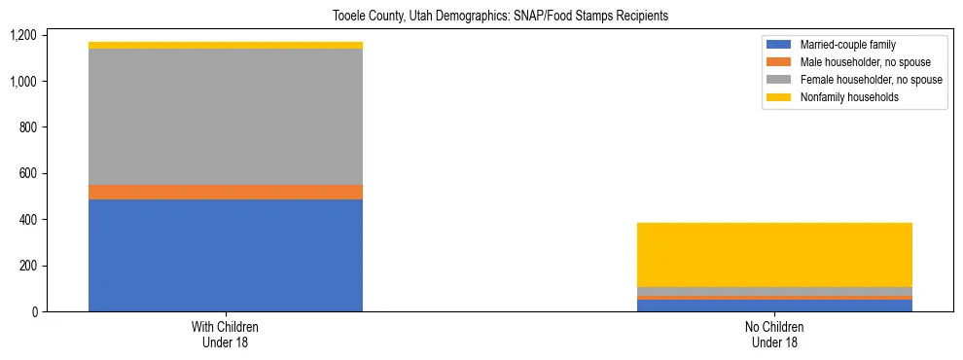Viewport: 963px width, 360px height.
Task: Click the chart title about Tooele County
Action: pos(481,17)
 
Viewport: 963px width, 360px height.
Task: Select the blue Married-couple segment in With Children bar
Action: pos(226,255)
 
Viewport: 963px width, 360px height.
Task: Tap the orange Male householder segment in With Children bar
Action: pos(226,192)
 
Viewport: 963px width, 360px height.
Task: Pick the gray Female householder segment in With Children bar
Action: pos(226,116)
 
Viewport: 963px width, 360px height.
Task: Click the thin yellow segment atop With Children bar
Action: pos(226,45)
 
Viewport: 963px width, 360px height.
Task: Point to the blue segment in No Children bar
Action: pos(774,306)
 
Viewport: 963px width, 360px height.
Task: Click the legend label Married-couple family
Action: pos(848,45)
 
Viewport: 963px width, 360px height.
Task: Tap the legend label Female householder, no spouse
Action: pos(871,80)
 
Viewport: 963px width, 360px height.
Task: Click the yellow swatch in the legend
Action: pos(779,97)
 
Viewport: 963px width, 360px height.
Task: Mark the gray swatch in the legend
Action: pos(779,80)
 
